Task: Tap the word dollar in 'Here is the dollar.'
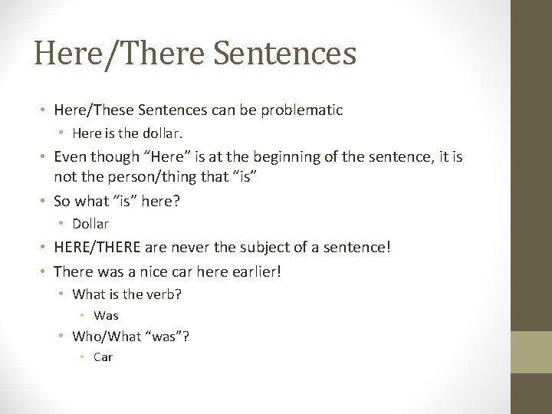pyautogui.click(x=161, y=134)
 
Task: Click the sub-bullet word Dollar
pyautogui.click(x=90, y=224)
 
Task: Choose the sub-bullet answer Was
pyautogui.click(x=106, y=315)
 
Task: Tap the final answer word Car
pyautogui.click(x=103, y=356)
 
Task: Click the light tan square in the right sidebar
pyautogui.click(x=531, y=353)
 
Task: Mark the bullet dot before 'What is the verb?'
pyautogui.click(x=64, y=294)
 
